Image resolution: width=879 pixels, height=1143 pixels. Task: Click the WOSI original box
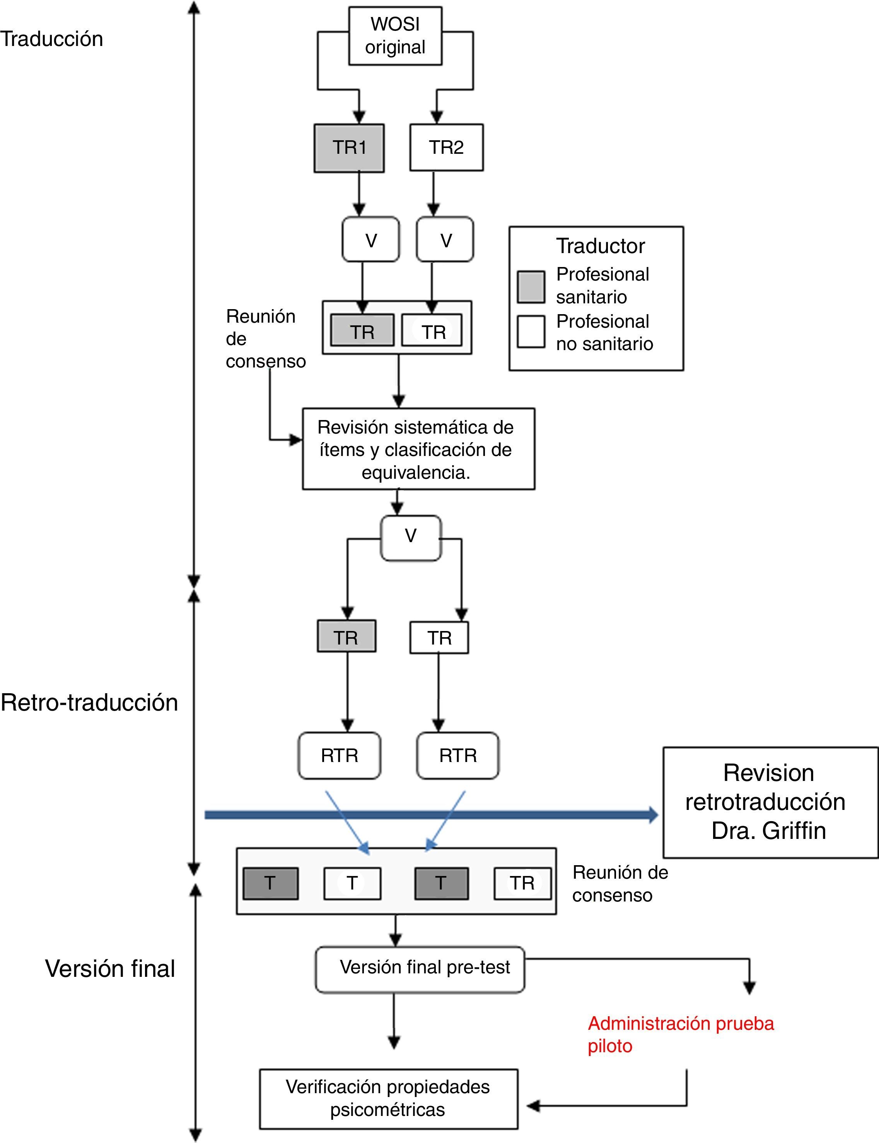(x=395, y=36)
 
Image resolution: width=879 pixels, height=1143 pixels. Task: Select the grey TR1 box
(x=349, y=148)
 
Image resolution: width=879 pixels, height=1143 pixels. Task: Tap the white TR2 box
(x=446, y=148)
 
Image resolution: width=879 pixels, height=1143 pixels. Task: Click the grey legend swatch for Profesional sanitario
(x=531, y=287)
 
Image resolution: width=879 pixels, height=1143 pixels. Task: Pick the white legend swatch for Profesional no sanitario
(x=531, y=332)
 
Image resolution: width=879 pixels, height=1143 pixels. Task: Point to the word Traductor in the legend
(x=600, y=246)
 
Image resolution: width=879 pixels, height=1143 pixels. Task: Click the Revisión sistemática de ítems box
(x=418, y=449)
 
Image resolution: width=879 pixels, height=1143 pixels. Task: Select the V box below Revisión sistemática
(x=411, y=538)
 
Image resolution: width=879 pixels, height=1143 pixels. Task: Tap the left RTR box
(x=340, y=755)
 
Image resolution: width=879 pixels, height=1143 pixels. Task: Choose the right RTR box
(x=458, y=755)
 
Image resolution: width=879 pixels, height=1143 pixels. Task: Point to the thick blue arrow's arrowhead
(x=653, y=815)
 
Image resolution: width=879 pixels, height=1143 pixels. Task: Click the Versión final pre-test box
(x=420, y=969)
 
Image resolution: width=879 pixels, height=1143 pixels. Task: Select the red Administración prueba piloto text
(x=680, y=1034)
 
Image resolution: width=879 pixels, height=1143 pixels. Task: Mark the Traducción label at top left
(x=52, y=39)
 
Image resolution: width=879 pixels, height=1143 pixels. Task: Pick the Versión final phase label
(x=110, y=969)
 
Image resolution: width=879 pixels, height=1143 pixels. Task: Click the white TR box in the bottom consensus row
(x=522, y=883)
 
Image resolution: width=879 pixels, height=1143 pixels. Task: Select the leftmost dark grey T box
(x=270, y=883)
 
